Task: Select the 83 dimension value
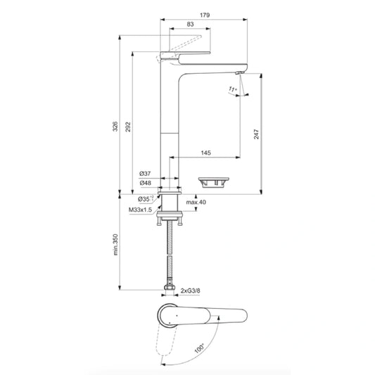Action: (191, 25)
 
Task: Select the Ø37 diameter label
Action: (145, 173)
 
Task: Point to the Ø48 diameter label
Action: (145, 183)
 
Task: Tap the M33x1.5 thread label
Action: (141, 210)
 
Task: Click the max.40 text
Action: (196, 203)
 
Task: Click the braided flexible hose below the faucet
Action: (170, 253)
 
